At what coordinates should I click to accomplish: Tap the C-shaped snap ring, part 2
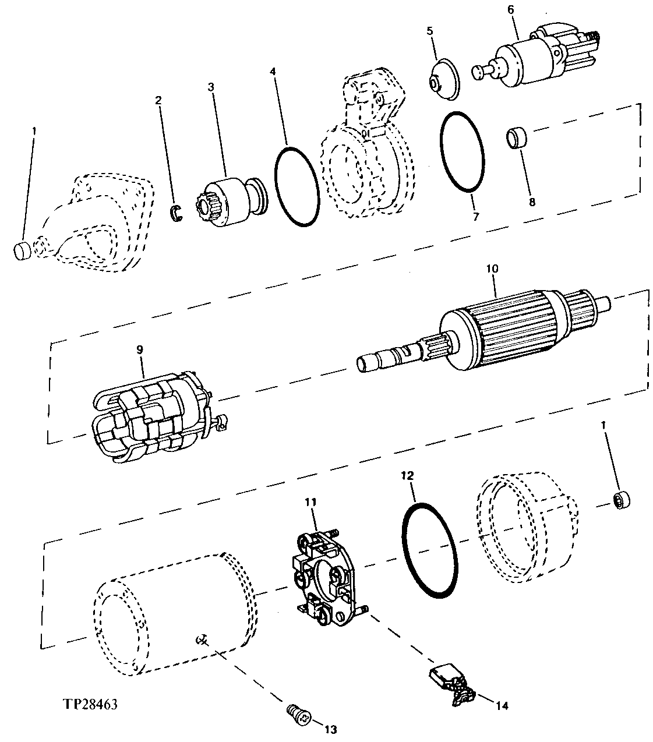click(177, 214)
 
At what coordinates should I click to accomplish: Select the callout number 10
click(493, 270)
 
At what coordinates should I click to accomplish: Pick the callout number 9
click(140, 349)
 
